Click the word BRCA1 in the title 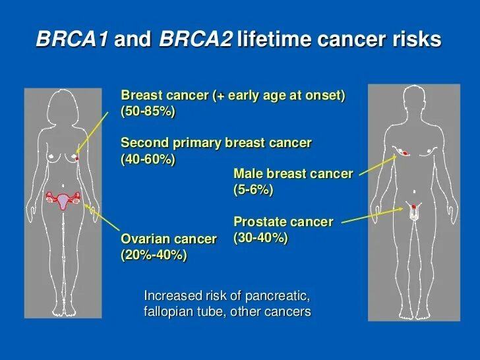pyautogui.click(x=73, y=39)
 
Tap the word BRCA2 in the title pyautogui.click(x=196, y=39)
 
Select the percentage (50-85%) pyautogui.click(x=148, y=111)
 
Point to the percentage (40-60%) pyautogui.click(x=148, y=159)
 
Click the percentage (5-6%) pyautogui.click(x=253, y=190)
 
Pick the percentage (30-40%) pyautogui.click(x=261, y=238)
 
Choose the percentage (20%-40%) pyautogui.click(x=154, y=255)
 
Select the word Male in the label pyautogui.click(x=249, y=173)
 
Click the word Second pyautogui.click(x=145, y=142)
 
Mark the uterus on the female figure pyautogui.click(x=63, y=202)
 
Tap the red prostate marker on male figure pyautogui.click(x=414, y=206)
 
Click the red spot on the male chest pyautogui.click(x=405, y=153)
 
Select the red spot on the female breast pyautogui.click(x=77, y=158)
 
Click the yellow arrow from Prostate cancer pyautogui.click(x=373, y=216)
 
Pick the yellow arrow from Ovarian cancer pyautogui.click(x=102, y=217)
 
